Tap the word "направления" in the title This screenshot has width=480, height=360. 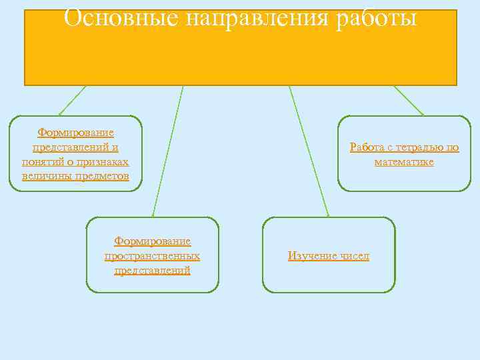pos(255,19)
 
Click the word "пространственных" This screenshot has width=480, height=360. pos(152,256)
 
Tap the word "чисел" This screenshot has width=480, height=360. pos(355,256)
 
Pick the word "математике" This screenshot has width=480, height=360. pos(404,162)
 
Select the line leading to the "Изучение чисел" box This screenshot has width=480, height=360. pos(309,151)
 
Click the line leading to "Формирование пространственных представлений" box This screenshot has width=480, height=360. pos(167,151)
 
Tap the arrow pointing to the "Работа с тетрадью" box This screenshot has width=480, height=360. pos(409,101)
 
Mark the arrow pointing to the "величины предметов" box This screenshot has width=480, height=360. pos(71,101)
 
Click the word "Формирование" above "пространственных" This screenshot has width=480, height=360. pos(152,241)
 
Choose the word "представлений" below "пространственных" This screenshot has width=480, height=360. pos(152,271)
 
